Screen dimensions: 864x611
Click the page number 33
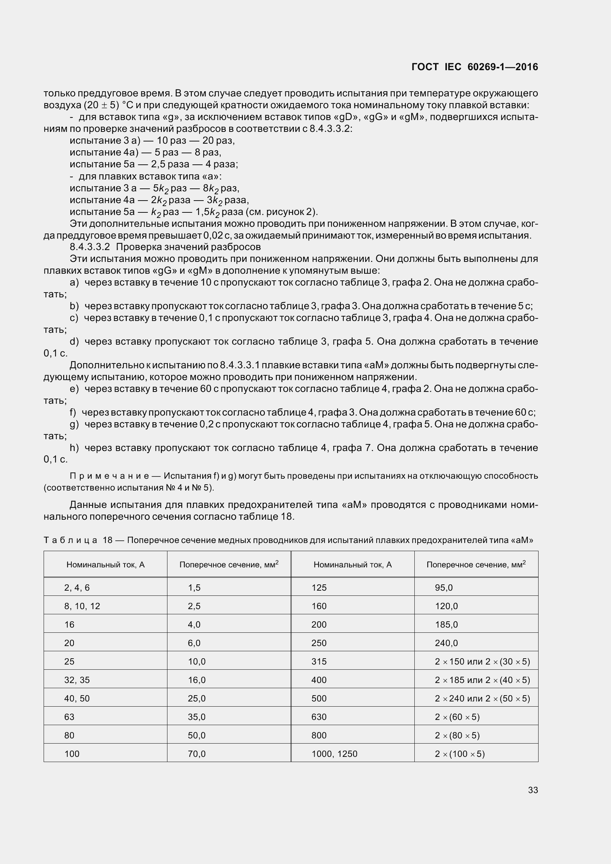click(x=533, y=790)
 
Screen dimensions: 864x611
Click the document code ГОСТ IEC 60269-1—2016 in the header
click(x=475, y=67)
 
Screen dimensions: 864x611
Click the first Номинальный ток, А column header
click(x=105, y=564)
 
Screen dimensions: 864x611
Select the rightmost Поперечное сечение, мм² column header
click(x=476, y=564)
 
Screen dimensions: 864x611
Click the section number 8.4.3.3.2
click(x=89, y=247)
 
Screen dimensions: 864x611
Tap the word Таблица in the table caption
click(x=70, y=540)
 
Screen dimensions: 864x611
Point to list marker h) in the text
click(x=74, y=448)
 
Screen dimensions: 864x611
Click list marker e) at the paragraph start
click(x=74, y=389)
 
